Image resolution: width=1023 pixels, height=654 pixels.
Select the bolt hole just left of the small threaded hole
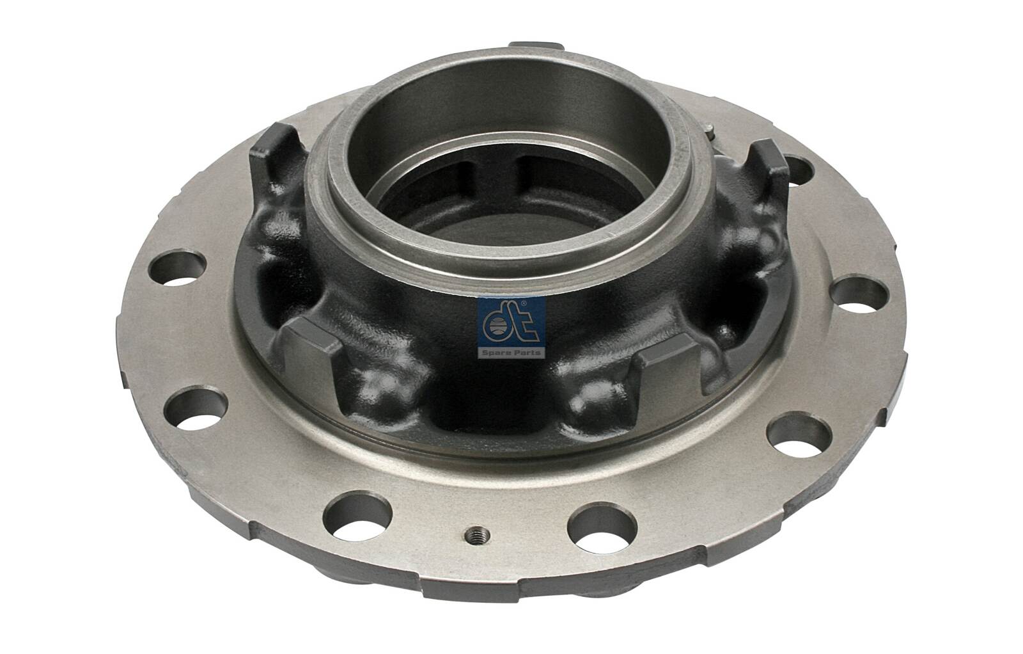[357, 516]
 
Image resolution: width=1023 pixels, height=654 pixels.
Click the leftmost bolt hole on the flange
[178, 266]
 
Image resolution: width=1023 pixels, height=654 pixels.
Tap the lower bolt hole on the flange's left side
[197, 408]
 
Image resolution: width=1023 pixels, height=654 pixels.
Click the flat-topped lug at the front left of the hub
[315, 344]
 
